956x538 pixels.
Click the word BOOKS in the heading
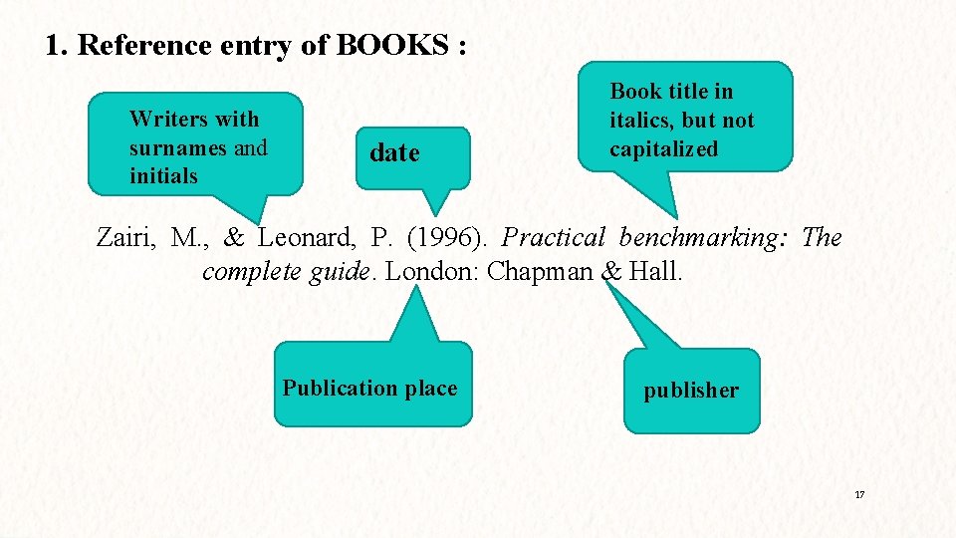[x=393, y=46]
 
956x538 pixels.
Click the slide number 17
[x=858, y=495]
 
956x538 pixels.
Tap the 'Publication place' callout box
[x=370, y=388]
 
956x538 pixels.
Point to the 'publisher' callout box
[x=691, y=391]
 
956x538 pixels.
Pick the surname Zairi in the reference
[x=126, y=238]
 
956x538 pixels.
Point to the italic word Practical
[x=554, y=238]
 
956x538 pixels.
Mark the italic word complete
[x=252, y=271]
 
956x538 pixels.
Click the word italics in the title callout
[x=641, y=121]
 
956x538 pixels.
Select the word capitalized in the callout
[x=663, y=149]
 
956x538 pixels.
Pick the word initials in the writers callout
[x=163, y=176]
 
